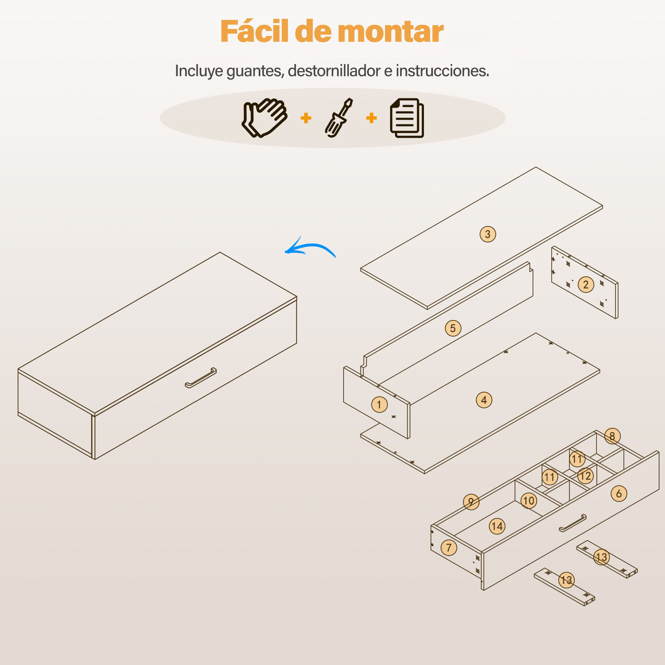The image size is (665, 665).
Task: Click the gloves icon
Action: point(264,118)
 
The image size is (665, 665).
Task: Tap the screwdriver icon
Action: point(339,118)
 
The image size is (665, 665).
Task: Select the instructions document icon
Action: point(407,118)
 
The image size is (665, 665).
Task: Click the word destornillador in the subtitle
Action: point(334,71)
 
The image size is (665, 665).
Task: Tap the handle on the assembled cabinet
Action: point(201,378)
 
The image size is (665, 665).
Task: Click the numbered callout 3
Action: point(488,234)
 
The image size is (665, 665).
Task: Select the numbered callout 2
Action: point(586,285)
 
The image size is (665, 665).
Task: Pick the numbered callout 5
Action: point(453,328)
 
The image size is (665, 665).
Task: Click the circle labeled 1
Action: point(379,404)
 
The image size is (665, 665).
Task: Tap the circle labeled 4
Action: point(484,400)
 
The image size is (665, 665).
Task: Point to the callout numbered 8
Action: point(612,436)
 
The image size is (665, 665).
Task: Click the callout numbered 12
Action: point(585,476)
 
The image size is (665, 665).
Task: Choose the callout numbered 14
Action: point(497,526)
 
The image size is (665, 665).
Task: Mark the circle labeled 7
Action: point(449,548)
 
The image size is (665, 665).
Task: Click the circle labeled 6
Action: point(619,493)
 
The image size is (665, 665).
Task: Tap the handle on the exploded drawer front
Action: point(573,523)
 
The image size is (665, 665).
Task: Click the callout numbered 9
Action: point(471,502)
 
